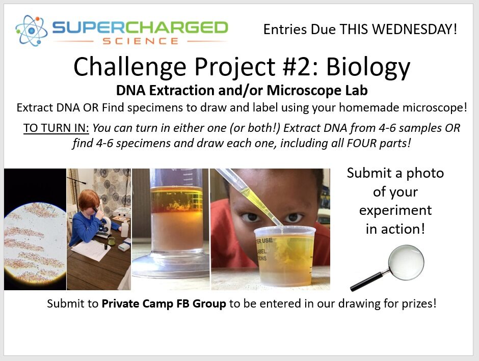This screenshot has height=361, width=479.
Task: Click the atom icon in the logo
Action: [x=32, y=31]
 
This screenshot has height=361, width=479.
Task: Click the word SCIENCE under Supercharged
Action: [x=141, y=41]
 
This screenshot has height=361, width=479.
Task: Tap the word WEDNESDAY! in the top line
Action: [x=415, y=30]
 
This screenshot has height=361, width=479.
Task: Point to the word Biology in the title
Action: [x=368, y=68]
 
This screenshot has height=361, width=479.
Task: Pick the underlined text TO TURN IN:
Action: [x=56, y=128]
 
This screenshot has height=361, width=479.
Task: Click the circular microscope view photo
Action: [x=35, y=242]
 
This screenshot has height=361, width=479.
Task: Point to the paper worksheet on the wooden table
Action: [x=91, y=250]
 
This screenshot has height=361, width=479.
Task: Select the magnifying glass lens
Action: [x=406, y=262]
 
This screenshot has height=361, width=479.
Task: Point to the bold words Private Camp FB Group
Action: [x=164, y=303]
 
